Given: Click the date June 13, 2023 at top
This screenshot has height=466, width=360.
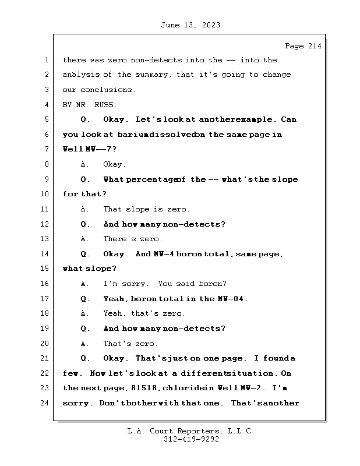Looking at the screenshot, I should click(190, 25).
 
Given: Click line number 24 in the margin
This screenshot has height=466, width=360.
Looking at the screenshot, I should click(45, 403).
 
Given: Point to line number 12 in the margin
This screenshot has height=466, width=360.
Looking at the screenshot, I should click(45, 224).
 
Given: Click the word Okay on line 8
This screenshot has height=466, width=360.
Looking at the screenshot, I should click(114, 165).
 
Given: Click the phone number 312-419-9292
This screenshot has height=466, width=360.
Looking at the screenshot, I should click(190, 440).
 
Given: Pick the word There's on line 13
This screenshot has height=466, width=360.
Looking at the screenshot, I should click(119, 239).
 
